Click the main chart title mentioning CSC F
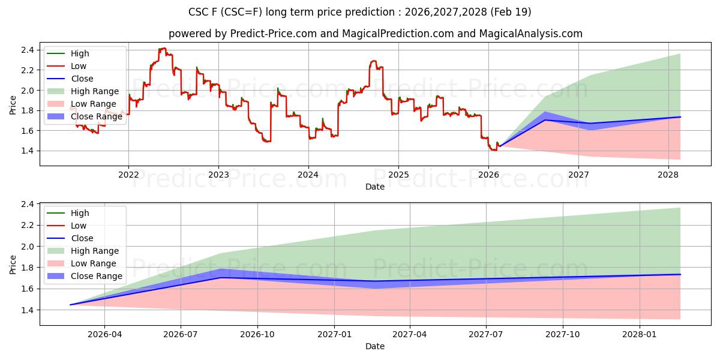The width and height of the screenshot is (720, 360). click(360, 12)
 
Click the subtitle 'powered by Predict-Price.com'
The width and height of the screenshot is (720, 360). click(375, 34)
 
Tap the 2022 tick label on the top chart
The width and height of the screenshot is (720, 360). click(128, 175)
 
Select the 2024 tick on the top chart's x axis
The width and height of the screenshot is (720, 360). click(308, 175)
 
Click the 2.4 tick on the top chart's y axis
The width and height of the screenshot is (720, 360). click(27, 50)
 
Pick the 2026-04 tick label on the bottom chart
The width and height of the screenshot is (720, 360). click(104, 334)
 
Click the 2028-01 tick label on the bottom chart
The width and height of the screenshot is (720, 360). click(640, 334)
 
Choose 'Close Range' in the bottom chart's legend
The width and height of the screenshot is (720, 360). click(97, 276)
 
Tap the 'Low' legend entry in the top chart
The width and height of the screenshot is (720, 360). click(79, 66)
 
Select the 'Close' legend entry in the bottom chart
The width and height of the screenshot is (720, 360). click(82, 238)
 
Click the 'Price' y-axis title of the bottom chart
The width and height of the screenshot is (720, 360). click(13, 265)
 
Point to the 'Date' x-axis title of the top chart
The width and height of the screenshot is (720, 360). click(375, 187)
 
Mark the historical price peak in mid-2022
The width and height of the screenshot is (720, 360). click(162, 49)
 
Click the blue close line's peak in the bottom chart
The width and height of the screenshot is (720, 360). click(221, 277)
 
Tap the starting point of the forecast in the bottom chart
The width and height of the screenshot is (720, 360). click(70, 305)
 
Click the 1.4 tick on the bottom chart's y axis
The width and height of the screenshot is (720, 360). click(27, 310)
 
